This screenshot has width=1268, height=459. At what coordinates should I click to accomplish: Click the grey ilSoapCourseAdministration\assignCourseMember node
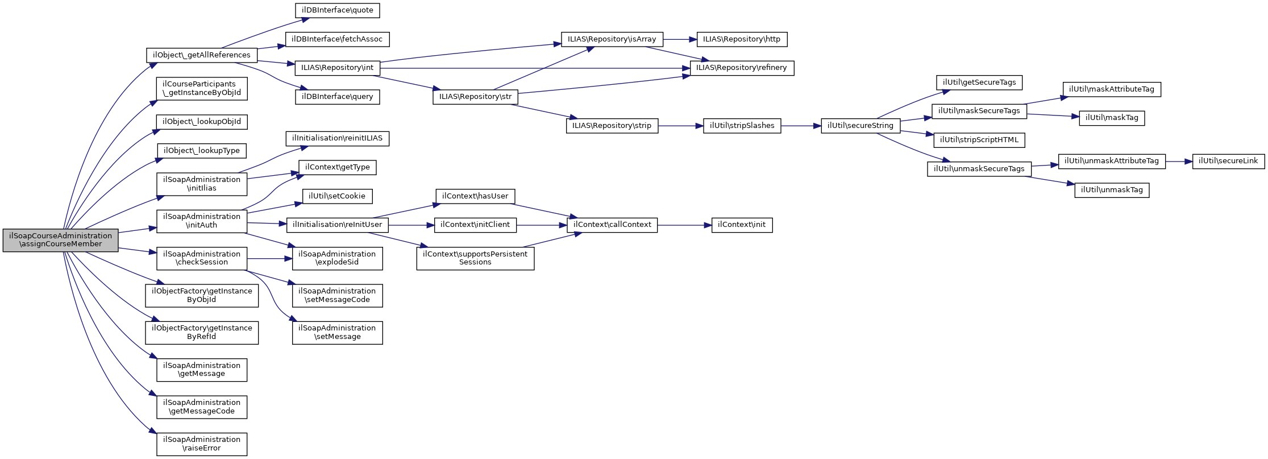(x=60, y=240)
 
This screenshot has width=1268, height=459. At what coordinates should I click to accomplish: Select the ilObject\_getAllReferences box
(x=202, y=55)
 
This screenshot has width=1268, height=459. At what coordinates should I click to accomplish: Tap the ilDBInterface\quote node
(x=337, y=10)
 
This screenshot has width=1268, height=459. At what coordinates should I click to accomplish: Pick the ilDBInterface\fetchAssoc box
(x=337, y=39)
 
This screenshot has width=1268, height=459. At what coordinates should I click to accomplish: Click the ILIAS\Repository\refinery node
(x=742, y=68)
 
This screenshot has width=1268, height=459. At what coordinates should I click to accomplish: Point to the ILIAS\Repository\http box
(x=742, y=39)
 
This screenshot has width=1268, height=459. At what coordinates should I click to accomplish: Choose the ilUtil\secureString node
(x=860, y=126)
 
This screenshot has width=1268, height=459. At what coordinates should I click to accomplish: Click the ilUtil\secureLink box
(x=1228, y=161)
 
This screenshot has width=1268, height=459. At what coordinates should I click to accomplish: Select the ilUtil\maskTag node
(x=1112, y=118)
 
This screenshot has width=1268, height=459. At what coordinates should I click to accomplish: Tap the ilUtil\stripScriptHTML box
(x=979, y=139)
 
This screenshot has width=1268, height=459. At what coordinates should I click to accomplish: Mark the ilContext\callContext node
(x=612, y=225)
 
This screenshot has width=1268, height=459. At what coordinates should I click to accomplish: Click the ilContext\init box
(x=742, y=225)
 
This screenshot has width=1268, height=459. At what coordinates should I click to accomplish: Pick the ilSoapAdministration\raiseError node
(x=202, y=444)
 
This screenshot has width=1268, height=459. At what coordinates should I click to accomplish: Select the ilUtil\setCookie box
(x=337, y=196)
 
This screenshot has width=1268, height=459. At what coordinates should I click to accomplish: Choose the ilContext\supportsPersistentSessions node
(x=475, y=258)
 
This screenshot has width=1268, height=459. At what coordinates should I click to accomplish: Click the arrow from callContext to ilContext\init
(x=684, y=225)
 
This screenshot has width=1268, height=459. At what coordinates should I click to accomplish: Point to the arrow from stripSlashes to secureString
(x=801, y=126)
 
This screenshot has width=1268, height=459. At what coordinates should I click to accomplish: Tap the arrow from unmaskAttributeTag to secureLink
(x=1179, y=162)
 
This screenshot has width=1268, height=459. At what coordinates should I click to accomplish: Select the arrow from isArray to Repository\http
(x=680, y=39)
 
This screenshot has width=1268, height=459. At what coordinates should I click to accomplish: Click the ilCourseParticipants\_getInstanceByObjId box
(x=202, y=88)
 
